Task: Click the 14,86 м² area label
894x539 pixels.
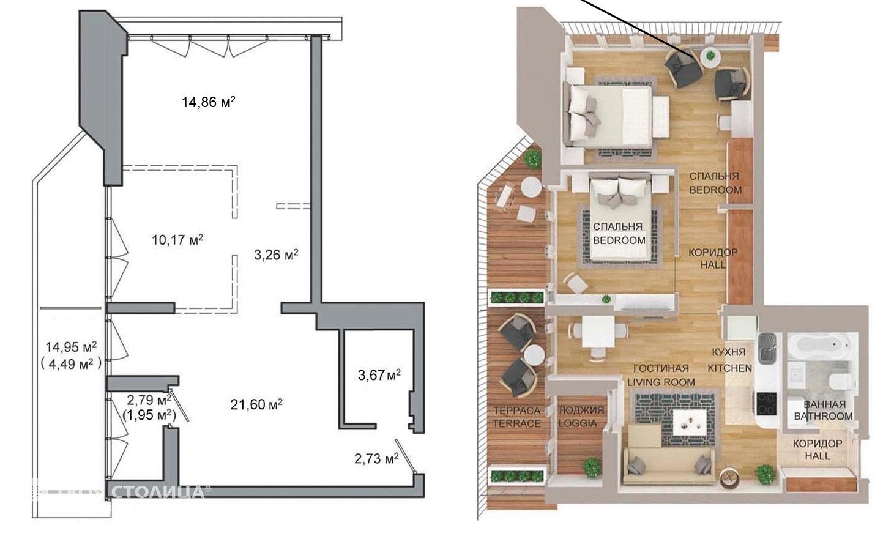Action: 208,102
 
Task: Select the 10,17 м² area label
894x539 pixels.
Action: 177,240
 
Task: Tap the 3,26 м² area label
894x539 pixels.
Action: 276,255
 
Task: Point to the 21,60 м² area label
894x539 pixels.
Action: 256,404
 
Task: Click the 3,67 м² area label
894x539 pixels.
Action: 379,375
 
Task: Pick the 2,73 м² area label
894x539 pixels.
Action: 376,459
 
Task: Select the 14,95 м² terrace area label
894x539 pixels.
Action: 71,347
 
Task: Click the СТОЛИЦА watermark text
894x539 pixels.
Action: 160,491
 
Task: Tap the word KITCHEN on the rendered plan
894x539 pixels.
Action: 730,368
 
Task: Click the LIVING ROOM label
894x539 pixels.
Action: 661,382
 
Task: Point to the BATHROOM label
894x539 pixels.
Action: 824,415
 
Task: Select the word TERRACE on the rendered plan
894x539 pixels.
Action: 517,423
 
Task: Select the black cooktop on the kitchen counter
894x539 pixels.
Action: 767,403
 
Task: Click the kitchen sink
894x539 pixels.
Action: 768,349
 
